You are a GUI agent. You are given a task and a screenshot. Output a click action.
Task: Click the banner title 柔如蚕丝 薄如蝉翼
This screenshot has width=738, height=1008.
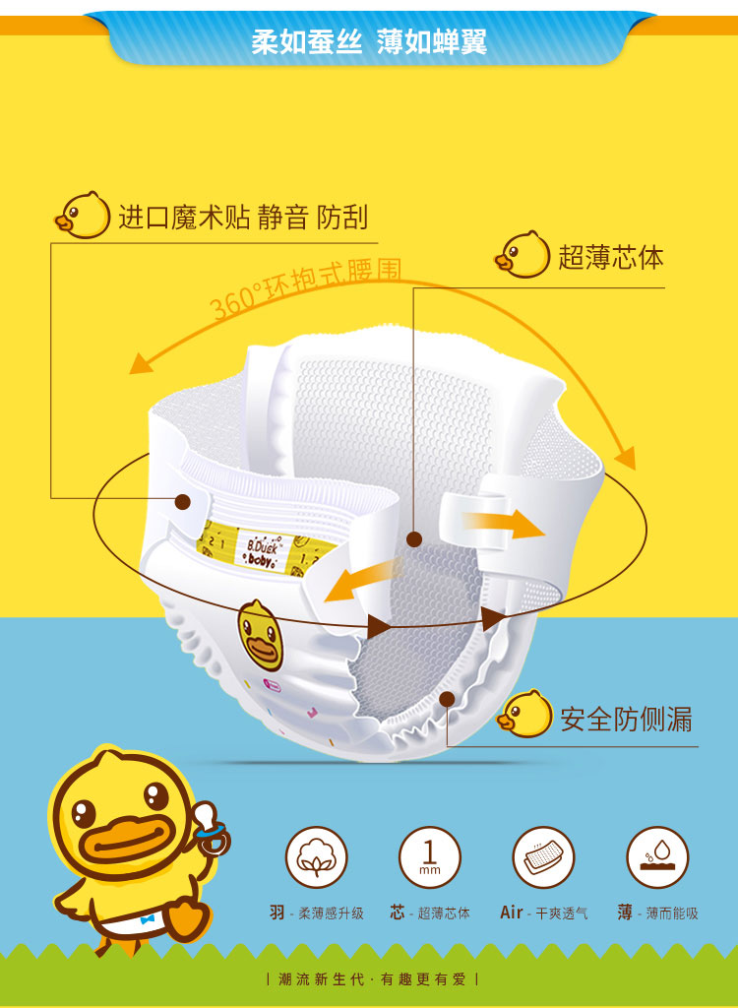369,41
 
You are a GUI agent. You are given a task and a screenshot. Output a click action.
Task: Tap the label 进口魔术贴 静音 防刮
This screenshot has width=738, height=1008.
243,217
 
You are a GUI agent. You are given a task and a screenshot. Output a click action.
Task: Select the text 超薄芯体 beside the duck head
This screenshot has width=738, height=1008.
610,257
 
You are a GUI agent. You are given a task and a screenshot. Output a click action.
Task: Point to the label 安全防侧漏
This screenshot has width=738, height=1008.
626,718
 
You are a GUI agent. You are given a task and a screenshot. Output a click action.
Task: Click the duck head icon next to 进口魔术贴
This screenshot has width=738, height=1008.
83,215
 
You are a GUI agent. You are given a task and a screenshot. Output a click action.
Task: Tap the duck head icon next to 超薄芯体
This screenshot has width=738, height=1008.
522,255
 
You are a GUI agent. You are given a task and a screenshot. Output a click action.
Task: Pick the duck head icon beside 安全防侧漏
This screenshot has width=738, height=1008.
524,714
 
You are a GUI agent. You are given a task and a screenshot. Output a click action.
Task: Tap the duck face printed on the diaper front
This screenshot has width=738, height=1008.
262,635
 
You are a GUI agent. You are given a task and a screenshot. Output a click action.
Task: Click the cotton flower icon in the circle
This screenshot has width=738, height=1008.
316,857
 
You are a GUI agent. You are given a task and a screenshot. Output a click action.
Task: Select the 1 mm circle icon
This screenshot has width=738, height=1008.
429,857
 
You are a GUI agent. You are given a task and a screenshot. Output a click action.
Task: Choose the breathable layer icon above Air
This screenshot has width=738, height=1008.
543,857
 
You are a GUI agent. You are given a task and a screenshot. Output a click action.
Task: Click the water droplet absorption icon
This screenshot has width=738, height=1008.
657,857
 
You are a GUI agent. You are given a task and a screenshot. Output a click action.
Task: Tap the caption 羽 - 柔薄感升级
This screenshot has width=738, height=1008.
317,913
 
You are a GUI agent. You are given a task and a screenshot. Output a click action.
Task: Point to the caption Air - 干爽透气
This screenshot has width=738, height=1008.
543,913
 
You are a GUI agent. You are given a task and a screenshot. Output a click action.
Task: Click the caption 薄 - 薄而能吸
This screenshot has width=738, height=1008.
657,913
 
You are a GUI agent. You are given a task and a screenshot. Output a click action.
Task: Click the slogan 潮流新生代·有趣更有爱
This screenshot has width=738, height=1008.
372,979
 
